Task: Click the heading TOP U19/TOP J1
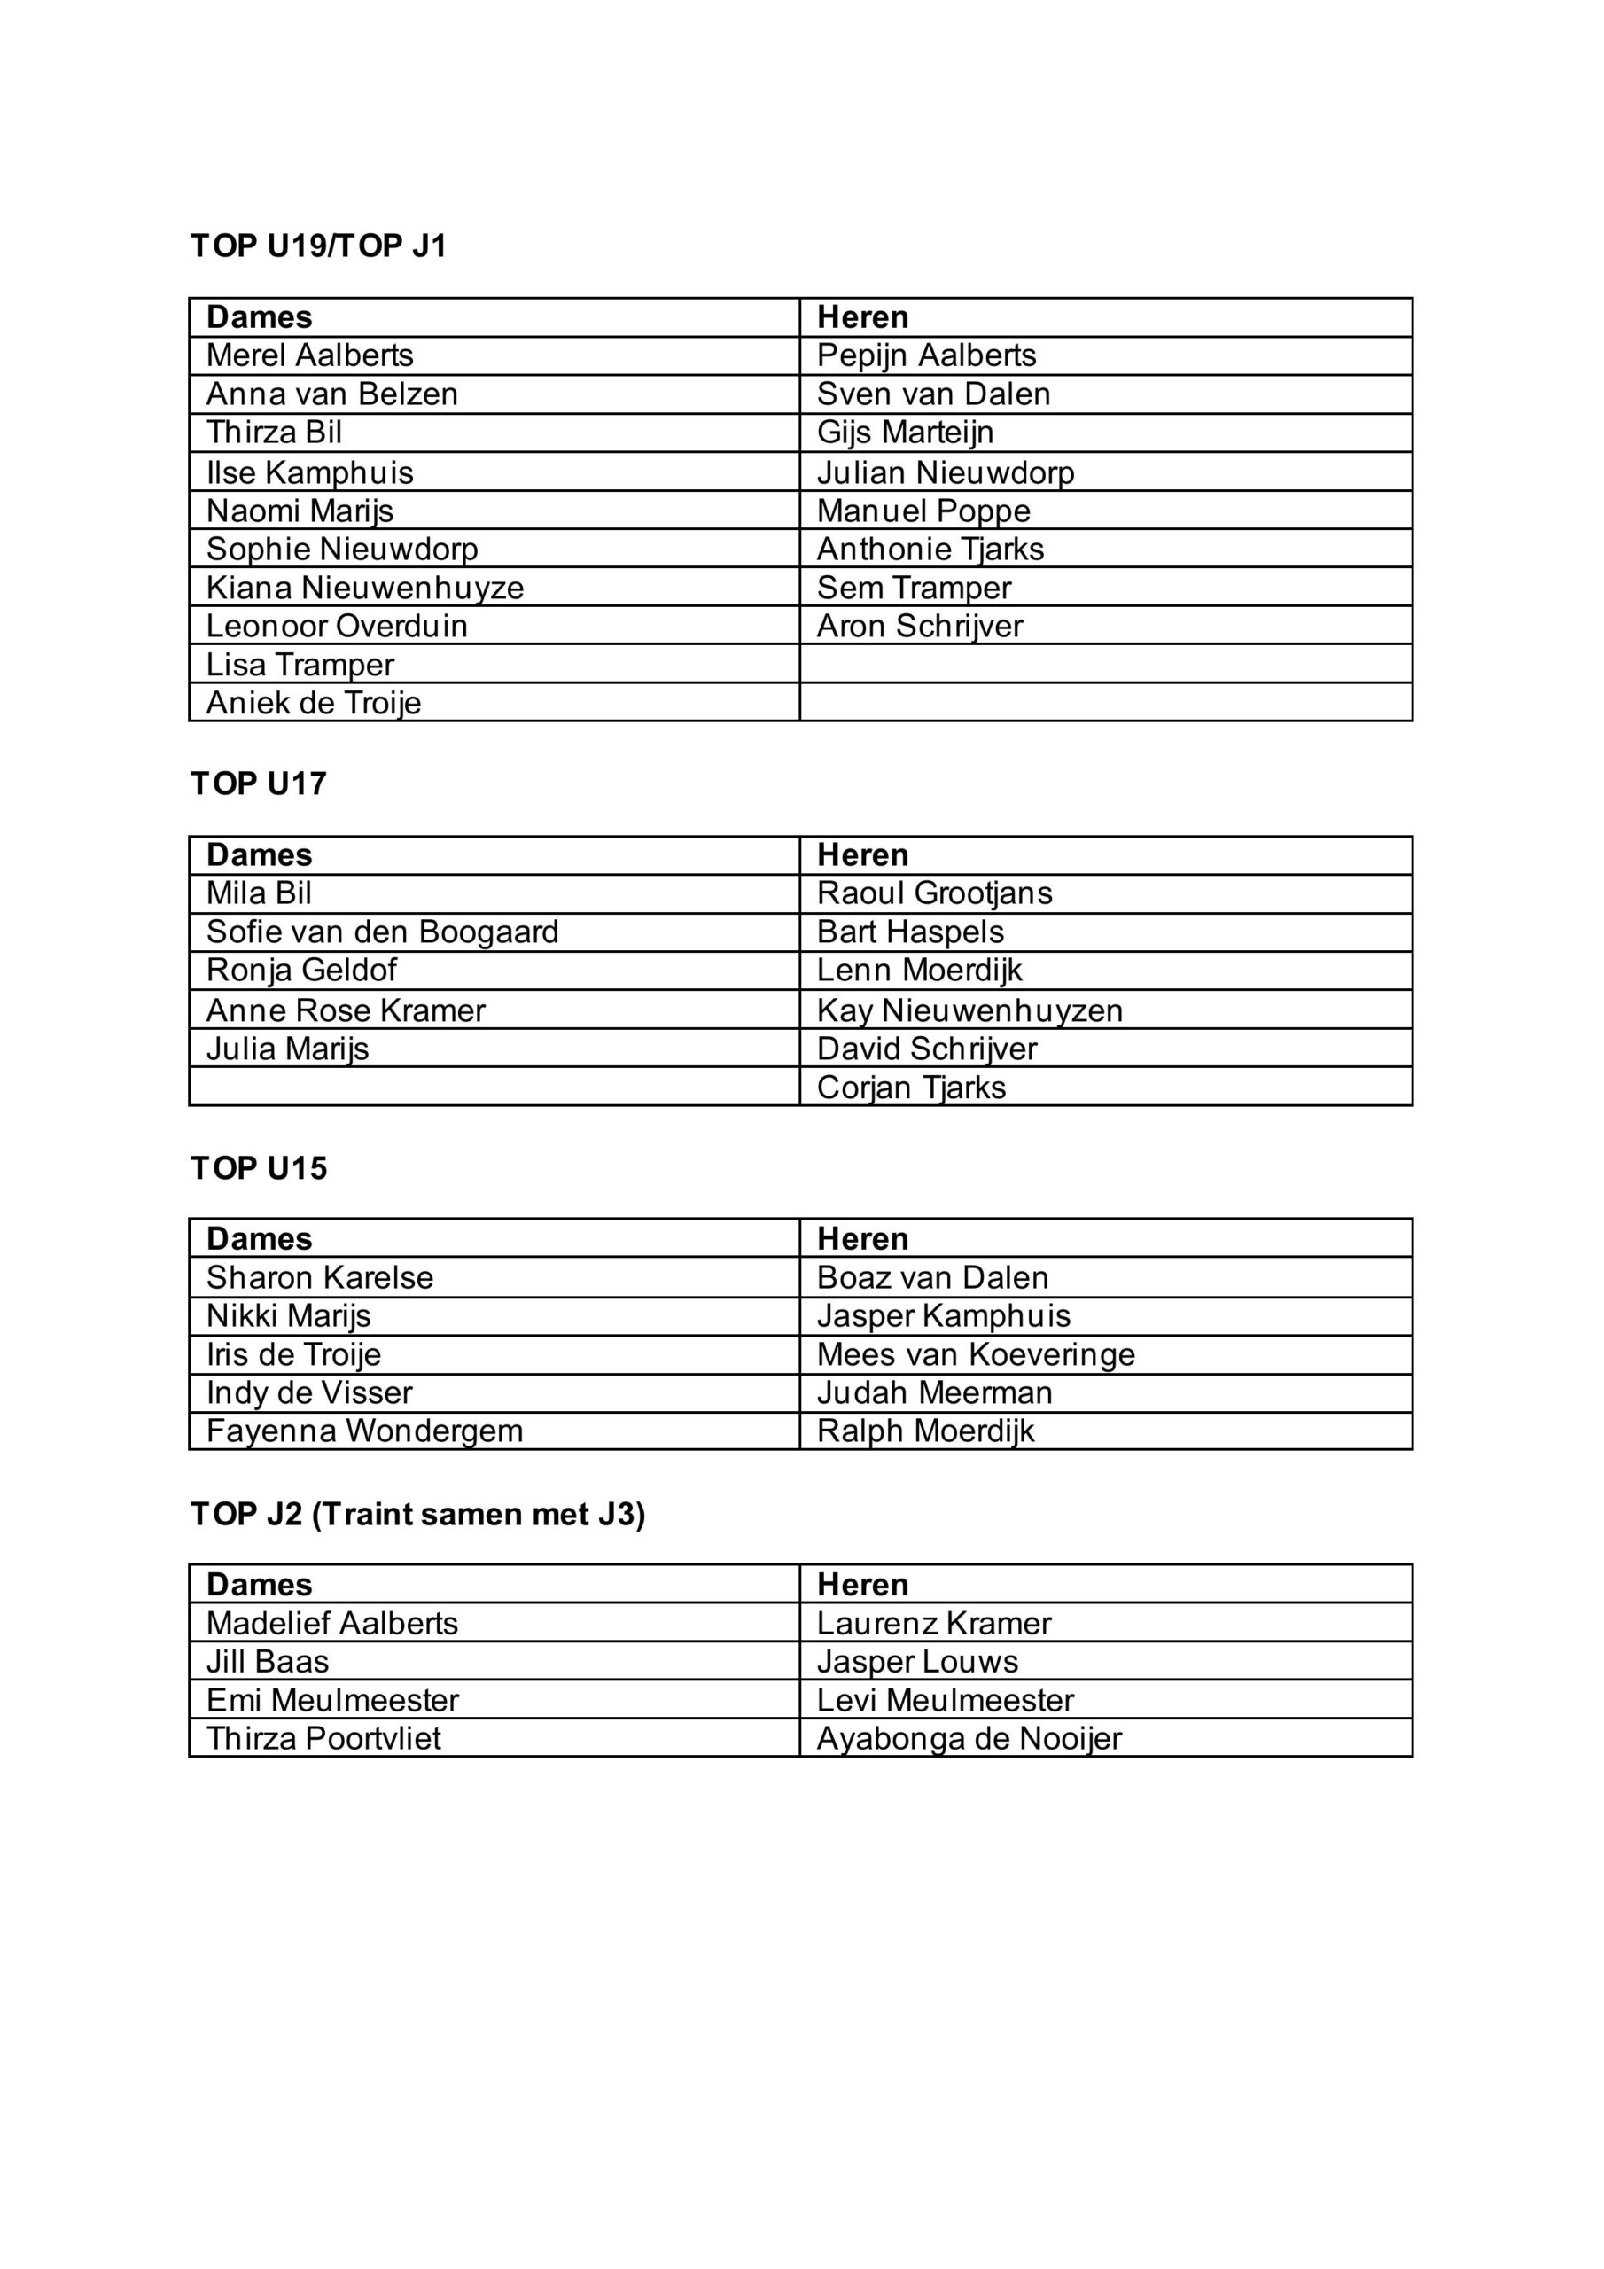coord(318,246)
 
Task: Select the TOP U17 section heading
coord(258,784)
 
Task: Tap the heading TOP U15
coord(258,1168)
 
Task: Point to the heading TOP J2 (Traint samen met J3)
coord(417,1514)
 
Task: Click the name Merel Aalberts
coord(309,355)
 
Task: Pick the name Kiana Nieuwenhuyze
coord(365,587)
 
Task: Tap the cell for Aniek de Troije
coord(314,703)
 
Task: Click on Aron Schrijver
coord(919,626)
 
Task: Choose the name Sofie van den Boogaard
coord(383,931)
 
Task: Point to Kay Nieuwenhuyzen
coord(969,1010)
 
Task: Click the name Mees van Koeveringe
coord(976,1354)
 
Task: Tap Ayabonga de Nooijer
coord(969,1738)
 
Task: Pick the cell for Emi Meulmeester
coord(332,1700)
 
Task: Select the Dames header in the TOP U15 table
coord(259,1238)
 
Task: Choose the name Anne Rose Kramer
coord(346,1010)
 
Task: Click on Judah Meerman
coord(934,1392)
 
